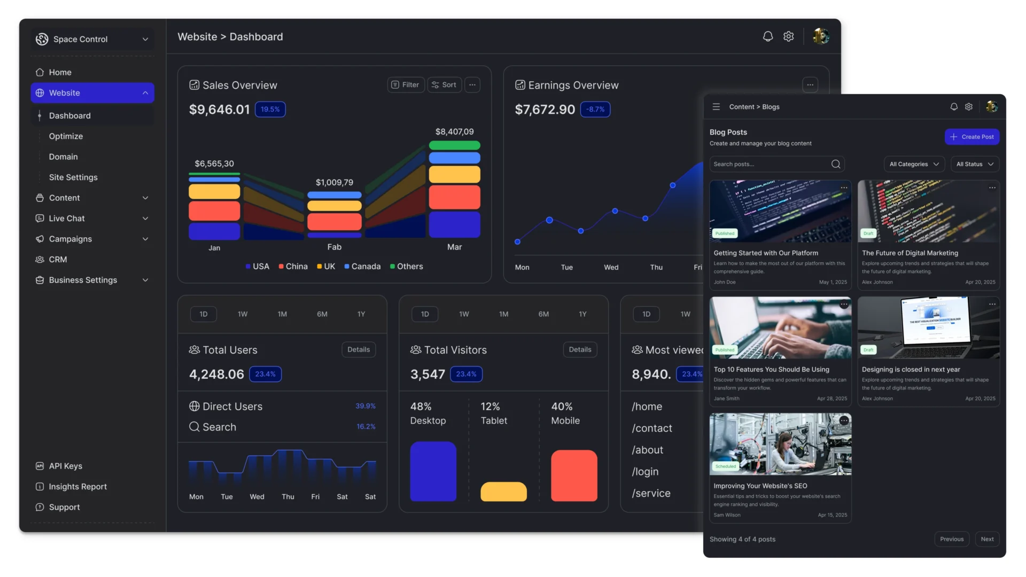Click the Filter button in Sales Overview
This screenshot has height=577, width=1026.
[x=406, y=85]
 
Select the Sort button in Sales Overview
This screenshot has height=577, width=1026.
[x=444, y=85]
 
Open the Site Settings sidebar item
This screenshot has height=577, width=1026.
[x=73, y=177]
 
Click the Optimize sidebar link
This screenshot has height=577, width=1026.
[x=66, y=136]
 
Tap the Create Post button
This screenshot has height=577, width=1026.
[x=971, y=137]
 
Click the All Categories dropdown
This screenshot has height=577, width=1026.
[x=914, y=164]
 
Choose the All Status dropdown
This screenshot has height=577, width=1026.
[x=974, y=164]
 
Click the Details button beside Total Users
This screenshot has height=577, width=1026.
[x=359, y=349]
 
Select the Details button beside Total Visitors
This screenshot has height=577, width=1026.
[x=580, y=349]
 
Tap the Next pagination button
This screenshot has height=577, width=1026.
[x=987, y=539]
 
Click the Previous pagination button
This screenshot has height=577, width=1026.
[x=952, y=539]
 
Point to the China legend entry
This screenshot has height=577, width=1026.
[x=293, y=267]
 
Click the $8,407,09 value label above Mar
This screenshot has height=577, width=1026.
[x=454, y=131]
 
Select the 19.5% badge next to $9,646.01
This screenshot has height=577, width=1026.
[x=270, y=110]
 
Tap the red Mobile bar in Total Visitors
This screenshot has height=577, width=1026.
[x=574, y=475]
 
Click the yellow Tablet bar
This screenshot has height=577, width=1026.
[x=503, y=492]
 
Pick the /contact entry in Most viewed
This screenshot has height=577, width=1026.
[x=652, y=428]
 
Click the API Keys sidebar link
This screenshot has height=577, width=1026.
[x=65, y=466]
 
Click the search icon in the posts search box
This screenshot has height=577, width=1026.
[x=836, y=164]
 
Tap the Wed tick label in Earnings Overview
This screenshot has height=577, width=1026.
[x=611, y=267]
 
